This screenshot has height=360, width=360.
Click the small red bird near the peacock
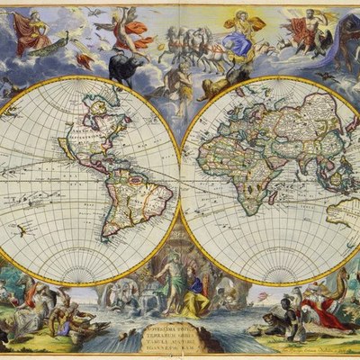click(86, 60)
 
